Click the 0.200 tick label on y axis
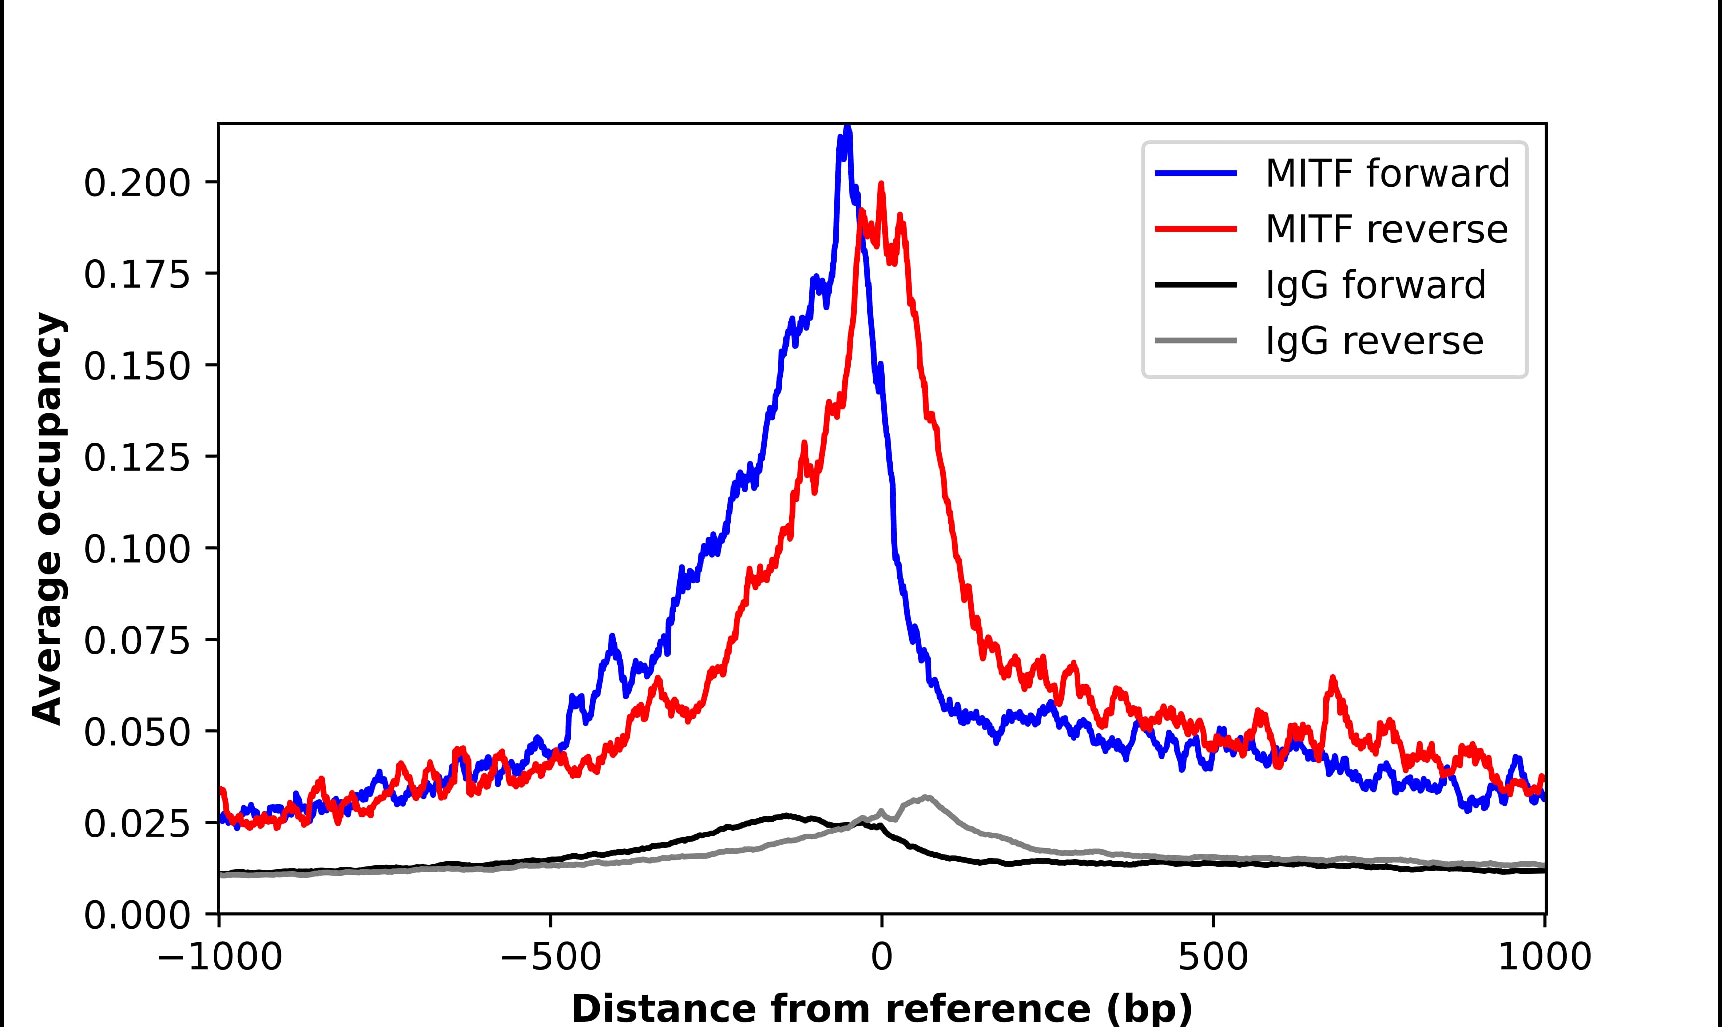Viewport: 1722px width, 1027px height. click(x=137, y=184)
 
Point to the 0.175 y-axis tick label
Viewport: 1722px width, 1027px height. click(x=137, y=275)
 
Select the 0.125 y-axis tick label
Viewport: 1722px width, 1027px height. click(x=137, y=458)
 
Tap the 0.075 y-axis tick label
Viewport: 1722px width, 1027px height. click(x=137, y=641)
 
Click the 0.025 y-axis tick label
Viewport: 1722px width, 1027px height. click(x=137, y=824)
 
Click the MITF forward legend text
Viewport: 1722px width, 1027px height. click(x=1387, y=173)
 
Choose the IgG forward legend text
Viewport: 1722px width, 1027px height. click(x=1375, y=285)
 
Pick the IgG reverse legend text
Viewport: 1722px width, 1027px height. click(x=1374, y=341)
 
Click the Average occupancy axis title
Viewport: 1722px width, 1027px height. click(x=49, y=518)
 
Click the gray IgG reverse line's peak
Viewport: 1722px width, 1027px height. click(x=925, y=798)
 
